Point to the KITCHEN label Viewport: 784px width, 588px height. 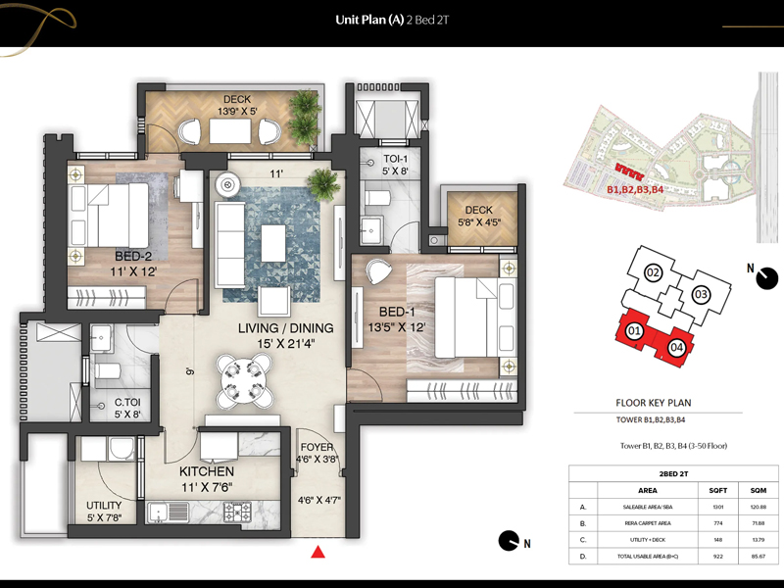pos(206,471)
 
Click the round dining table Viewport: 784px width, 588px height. pos(240,376)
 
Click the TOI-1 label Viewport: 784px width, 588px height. pos(396,159)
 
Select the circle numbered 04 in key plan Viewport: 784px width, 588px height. pos(675,347)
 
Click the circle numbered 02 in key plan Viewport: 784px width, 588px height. pos(653,272)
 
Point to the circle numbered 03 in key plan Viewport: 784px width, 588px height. pos(701,294)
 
